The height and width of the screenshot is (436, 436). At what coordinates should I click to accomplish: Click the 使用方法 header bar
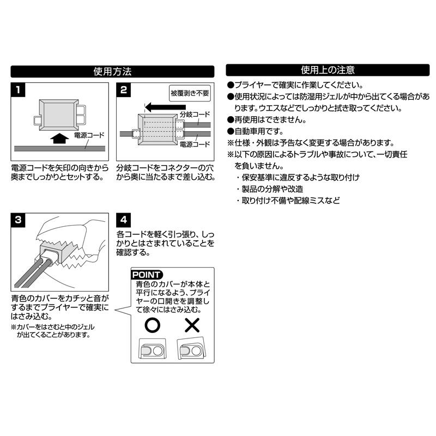(x=113, y=71)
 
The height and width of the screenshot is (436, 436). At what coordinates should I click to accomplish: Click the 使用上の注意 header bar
(x=328, y=70)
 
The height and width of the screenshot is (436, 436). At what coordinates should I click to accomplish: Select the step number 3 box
(x=18, y=220)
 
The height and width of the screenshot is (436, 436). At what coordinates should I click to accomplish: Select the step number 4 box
(x=124, y=220)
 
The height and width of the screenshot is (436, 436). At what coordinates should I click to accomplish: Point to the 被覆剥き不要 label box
(x=189, y=92)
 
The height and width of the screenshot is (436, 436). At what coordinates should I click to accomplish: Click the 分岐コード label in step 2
(x=194, y=116)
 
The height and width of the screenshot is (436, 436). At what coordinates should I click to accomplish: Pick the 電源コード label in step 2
(x=194, y=144)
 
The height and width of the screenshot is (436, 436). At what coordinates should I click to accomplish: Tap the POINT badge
(x=147, y=275)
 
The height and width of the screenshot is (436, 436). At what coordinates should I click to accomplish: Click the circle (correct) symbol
(x=153, y=325)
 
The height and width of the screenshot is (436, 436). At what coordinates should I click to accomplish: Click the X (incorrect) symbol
(x=192, y=325)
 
